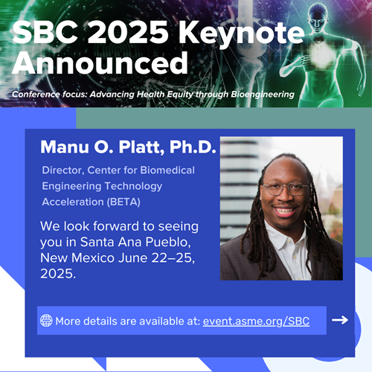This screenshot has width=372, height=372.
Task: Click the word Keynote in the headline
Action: tap(241, 33)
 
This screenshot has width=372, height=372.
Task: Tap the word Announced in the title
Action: tap(100, 62)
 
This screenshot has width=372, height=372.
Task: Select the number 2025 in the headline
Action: tap(128, 32)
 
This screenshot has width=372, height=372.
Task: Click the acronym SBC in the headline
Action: tap(45, 32)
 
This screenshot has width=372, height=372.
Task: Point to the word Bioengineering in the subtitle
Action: tap(263, 94)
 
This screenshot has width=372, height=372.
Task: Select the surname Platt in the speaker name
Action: tap(141, 147)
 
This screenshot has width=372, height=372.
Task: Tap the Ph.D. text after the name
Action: tap(193, 147)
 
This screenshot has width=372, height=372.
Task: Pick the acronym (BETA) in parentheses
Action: tap(124, 202)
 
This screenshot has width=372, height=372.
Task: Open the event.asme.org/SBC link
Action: tap(256, 321)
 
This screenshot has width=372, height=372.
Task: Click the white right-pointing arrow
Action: tap(340, 320)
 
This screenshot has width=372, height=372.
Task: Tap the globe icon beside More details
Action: tap(46, 320)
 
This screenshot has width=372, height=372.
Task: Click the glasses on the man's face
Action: tap(286, 190)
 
